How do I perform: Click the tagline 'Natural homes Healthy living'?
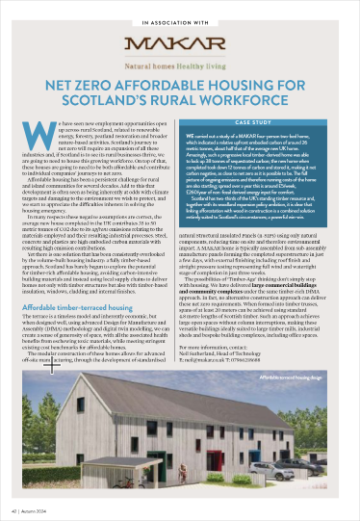tap(179, 65)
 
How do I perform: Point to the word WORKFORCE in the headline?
tap(285, 100)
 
